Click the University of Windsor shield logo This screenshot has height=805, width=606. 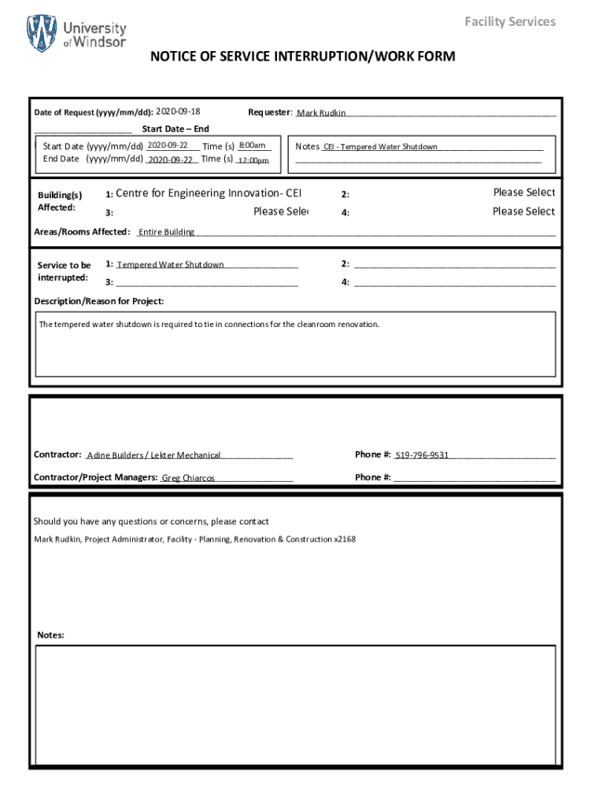click(42, 34)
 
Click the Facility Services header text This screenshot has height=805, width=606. click(509, 21)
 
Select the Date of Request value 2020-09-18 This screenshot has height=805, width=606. click(178, 112)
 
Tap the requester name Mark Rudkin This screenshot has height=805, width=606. click(321, 113)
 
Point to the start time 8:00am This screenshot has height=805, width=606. click(252, 145)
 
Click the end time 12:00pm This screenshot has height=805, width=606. click(253, 160)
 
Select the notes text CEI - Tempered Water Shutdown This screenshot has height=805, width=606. click(381, 147)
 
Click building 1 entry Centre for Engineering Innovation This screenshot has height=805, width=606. click(209, 193)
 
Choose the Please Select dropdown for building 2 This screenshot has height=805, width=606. click(523, 193)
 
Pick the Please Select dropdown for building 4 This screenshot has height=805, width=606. click(523, 211)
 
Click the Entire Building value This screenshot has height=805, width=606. click(167, 232)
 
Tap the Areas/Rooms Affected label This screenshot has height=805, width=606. click(82, 232)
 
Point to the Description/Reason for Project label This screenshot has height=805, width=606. click(99, 301)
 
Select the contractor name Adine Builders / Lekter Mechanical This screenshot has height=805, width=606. click(154, 455)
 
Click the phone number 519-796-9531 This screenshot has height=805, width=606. click(422, 455)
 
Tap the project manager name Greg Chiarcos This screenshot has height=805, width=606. click(188, 478)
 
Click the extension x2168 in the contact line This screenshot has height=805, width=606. click(345, 539)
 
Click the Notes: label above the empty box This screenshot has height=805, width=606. click(50, 635)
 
